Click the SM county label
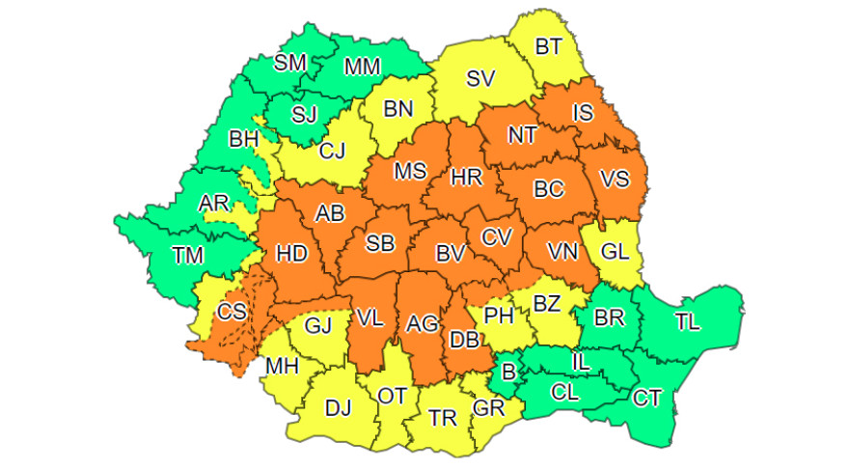click(290, 63)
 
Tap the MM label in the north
click(362, 67)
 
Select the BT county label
click(550, 46)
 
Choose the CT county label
click(647, 397)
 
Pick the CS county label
click(232, 312)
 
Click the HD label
click(291, 254)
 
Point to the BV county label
click(451, 254)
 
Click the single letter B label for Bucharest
click(507, 372)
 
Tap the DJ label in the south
click(338, 407)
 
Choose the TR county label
click(443, 418)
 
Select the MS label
click(410, 172)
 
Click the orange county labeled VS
click(615, 180)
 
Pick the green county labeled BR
click(608, 318)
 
